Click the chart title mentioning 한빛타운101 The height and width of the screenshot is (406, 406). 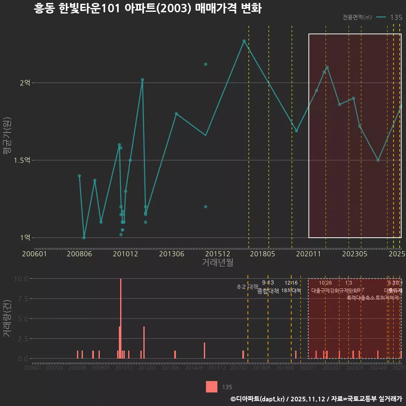point(148,9)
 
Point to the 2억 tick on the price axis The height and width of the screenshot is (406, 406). point(25,83)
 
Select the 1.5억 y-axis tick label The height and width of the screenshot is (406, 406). point(22,160)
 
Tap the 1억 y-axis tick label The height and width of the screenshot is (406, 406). point(25,238)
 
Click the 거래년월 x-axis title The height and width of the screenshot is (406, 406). point(217,263)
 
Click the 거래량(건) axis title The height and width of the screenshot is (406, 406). point(6,318)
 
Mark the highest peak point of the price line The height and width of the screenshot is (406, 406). point(244,41)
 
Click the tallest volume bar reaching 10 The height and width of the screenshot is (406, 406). point(121,318)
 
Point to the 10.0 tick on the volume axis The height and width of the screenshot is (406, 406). point(21,279)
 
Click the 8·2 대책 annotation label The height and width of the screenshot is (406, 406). point(247,287)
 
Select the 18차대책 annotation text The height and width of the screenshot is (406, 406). point(291,291)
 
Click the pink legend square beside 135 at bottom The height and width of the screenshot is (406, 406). point(211,387)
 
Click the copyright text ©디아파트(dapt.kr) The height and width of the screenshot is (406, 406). point(258,399)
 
